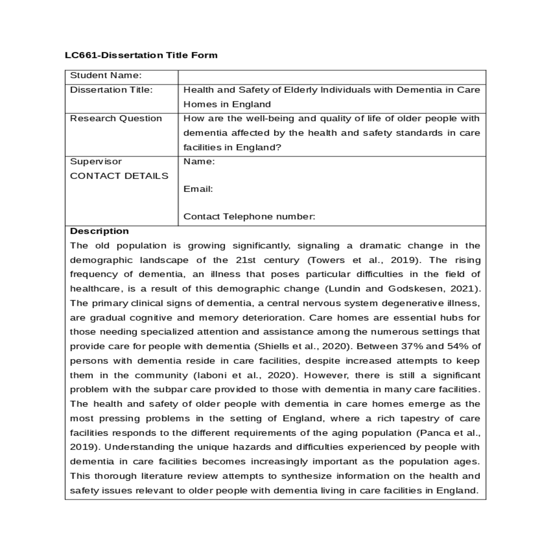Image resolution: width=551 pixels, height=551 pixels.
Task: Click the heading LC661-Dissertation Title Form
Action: [141, 56]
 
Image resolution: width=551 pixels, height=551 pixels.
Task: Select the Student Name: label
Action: [106, 76]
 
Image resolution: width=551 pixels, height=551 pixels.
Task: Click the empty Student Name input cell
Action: [332, 77]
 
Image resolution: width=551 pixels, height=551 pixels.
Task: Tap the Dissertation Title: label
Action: [111, 90]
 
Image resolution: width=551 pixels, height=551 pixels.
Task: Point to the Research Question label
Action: [116, 119]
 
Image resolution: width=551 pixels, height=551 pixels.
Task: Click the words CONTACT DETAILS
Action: [119, 176]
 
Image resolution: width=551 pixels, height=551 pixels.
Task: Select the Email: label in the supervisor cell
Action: [198, 189]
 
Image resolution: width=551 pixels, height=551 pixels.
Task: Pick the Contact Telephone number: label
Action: [249, 217]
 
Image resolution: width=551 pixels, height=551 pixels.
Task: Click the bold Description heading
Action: [99, 231]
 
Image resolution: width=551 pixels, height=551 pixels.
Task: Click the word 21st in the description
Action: [246, 260]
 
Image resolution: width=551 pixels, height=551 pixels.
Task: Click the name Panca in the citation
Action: [435, 433]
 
